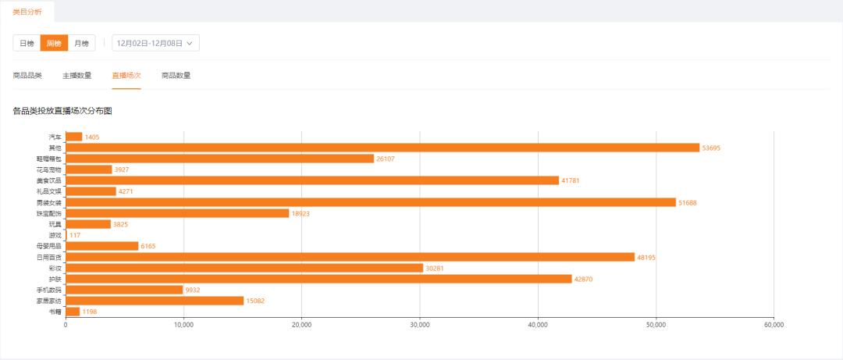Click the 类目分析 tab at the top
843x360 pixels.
[27, 11]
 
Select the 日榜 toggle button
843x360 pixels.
[27, 44]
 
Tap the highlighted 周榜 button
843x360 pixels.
[54, 44]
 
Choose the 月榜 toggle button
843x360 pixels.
[81, 44]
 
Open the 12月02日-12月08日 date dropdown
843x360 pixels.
[155, 44]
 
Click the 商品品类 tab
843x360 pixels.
[27, 76]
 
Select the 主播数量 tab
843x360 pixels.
[76, 76]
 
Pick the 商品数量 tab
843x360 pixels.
[176, 76]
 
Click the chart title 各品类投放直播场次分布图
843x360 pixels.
[62, 112]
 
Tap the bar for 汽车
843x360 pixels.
[74, 137]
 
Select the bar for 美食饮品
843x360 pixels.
[312, 180]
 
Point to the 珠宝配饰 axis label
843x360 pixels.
[48, 213]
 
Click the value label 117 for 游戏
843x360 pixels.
[75, 235]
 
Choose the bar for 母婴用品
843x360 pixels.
[102, 246]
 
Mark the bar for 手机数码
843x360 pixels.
[124, 290]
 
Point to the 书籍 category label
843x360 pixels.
[54, 312]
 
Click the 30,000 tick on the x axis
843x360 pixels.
[420, 325]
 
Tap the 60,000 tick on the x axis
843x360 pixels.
[774, 325]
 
